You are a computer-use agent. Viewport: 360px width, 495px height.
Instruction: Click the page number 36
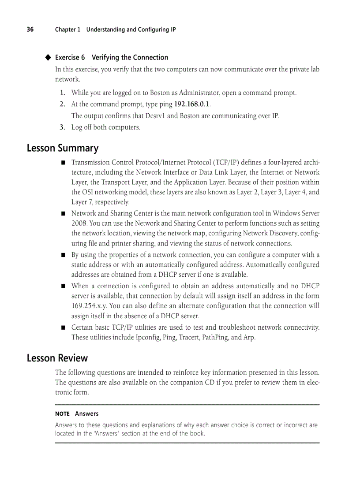coord(30,30)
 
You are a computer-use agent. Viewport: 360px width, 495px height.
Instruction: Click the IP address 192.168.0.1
coord(192,104)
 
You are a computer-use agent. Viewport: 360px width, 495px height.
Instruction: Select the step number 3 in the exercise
coord(63,127)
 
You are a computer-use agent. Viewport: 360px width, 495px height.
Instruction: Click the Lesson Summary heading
coord(62,148)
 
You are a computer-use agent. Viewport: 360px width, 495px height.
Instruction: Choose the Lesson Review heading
coord(57,358)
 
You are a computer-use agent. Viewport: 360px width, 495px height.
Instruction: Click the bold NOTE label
coord(62,414)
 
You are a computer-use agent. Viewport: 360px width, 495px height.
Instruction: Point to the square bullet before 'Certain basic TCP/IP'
coord(63,328)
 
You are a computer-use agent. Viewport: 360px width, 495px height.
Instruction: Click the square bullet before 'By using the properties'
coord(63,255)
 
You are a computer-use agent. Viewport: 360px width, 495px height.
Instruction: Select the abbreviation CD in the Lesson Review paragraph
coord(210,382)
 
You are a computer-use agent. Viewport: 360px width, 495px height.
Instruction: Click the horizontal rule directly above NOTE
coord(187,405)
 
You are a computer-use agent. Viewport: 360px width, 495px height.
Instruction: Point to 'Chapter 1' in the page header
coord(67,30)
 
